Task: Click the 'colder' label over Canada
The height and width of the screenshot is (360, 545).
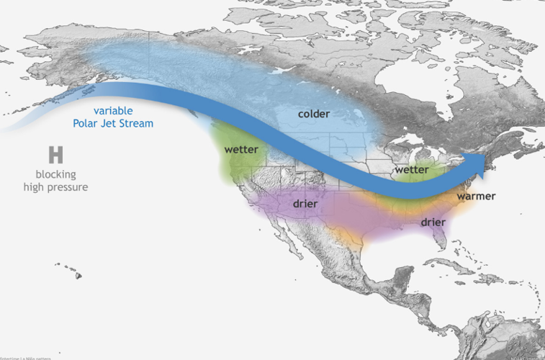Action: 313,114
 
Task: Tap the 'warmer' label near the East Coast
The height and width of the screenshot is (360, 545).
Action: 475,196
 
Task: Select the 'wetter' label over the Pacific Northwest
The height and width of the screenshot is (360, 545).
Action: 241,150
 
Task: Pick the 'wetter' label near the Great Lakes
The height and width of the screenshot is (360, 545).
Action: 412,170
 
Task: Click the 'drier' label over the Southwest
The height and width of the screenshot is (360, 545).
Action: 305,204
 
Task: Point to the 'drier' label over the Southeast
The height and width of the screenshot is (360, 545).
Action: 433,223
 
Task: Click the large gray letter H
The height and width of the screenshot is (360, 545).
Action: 55,154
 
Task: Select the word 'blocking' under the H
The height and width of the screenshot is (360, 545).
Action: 55,174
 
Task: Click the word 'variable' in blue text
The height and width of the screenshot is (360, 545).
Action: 112,110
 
